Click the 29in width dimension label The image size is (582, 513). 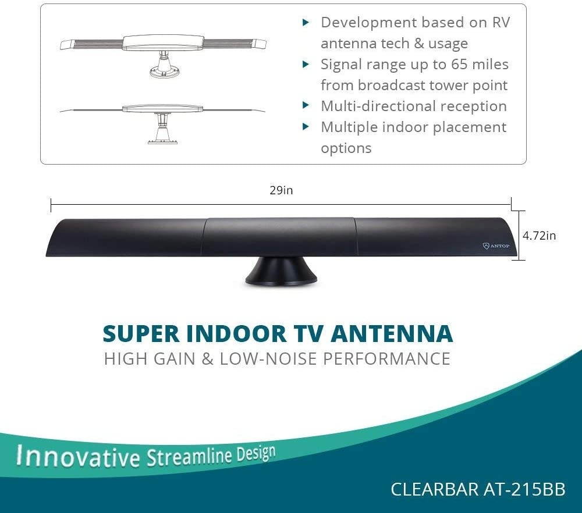(x=281, y=191)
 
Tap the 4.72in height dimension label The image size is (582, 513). (x=539, y=236)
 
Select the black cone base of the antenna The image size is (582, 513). (x=281, y=272)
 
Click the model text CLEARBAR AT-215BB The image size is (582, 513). (x=478, y=489)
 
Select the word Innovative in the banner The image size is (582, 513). (x=78, y=456)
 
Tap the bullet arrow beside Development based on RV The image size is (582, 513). (x=306, y=23)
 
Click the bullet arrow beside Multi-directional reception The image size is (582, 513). (x=306, y=106)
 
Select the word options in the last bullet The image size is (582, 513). (x=346, y=148)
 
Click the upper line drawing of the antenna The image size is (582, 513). (x=163, y=52)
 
